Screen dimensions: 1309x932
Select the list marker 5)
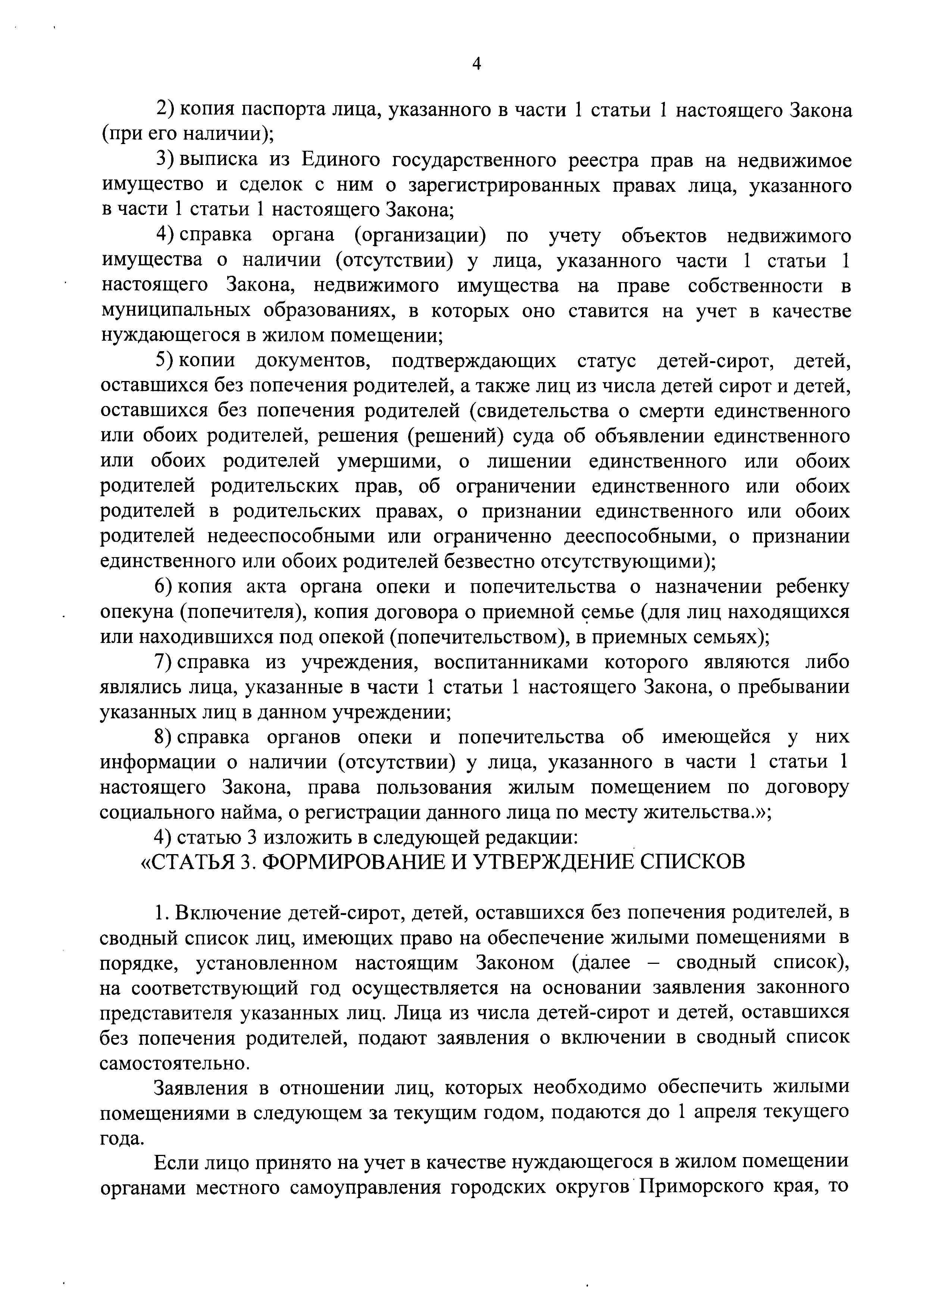click(165, 361)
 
